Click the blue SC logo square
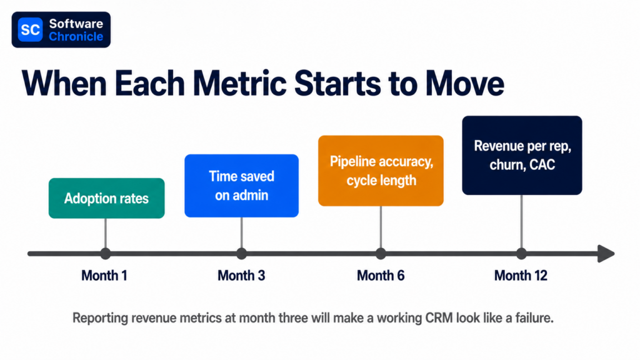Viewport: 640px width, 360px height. (30, 29)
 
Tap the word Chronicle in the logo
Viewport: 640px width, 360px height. (76, 37)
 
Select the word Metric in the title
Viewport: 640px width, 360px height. (239, 83)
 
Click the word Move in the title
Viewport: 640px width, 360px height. (464, 83)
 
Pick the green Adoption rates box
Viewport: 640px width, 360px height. (106, 198)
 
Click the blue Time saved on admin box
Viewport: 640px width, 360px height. (242, 186)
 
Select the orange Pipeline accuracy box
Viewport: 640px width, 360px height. (381, 171)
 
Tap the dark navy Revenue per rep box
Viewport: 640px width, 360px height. (522, 155)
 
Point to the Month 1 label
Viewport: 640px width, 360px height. (104, 276)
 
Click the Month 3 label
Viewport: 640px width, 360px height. (241, 276)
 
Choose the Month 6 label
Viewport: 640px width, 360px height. (381, 276)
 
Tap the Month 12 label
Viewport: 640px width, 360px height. (521, 276)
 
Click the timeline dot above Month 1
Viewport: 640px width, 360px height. (106, 254)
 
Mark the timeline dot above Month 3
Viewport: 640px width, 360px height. (242, 254)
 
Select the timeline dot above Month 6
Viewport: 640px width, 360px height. (381, 254)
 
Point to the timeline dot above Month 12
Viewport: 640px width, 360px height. (522, 254)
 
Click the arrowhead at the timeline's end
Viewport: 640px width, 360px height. (606, 254)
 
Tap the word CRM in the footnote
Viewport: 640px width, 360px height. (439, 317)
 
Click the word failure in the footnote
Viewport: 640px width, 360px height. (533, 317)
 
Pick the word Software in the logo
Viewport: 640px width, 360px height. (76, 24)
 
